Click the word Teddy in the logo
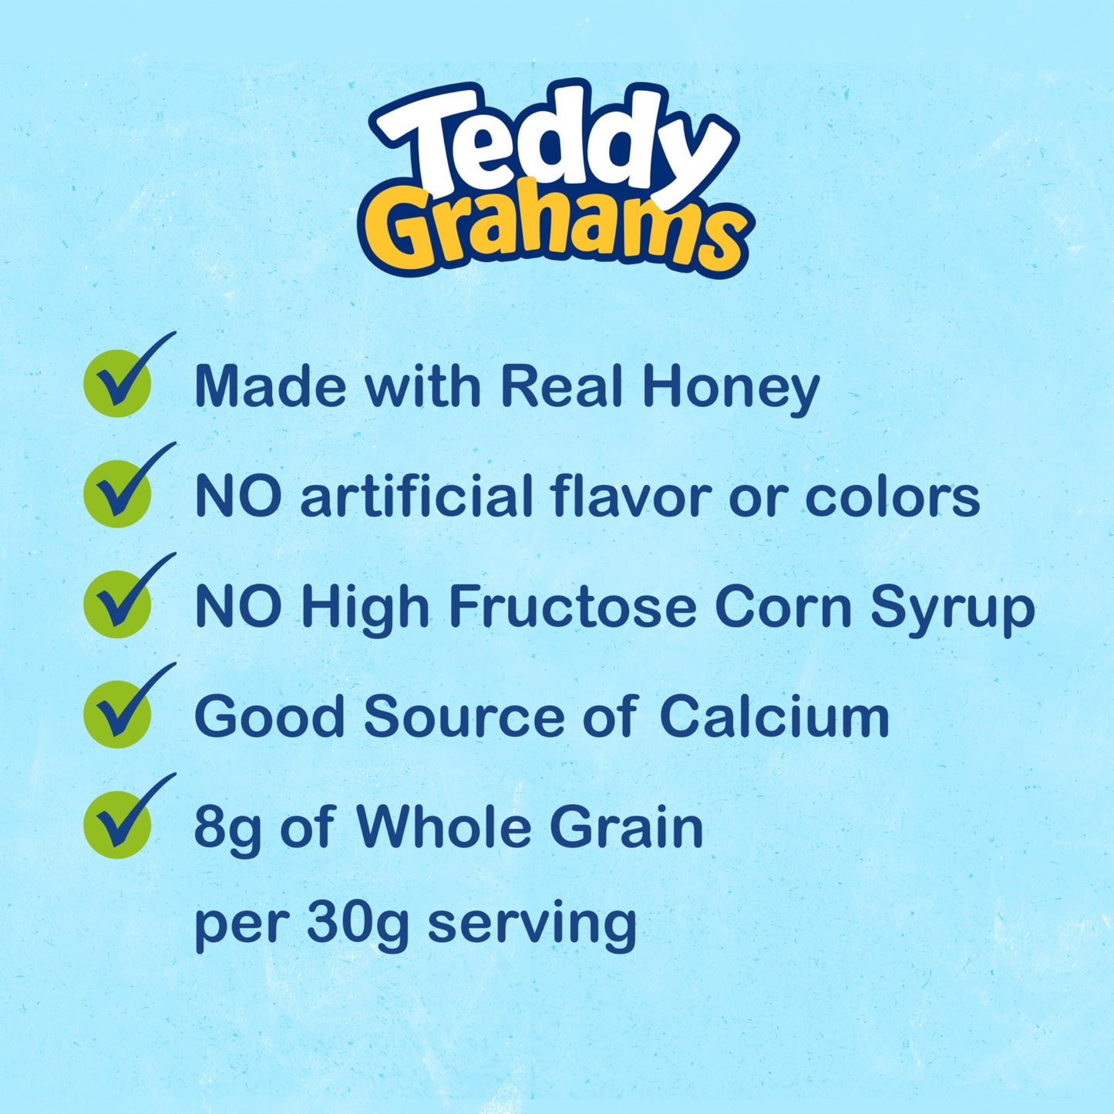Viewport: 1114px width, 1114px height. [551, 143]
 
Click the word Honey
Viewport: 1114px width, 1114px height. [730, 387]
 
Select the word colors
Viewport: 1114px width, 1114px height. [892, 497]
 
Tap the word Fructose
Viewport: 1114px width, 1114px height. [572, 607]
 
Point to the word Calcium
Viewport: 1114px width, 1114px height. [774, 717]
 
